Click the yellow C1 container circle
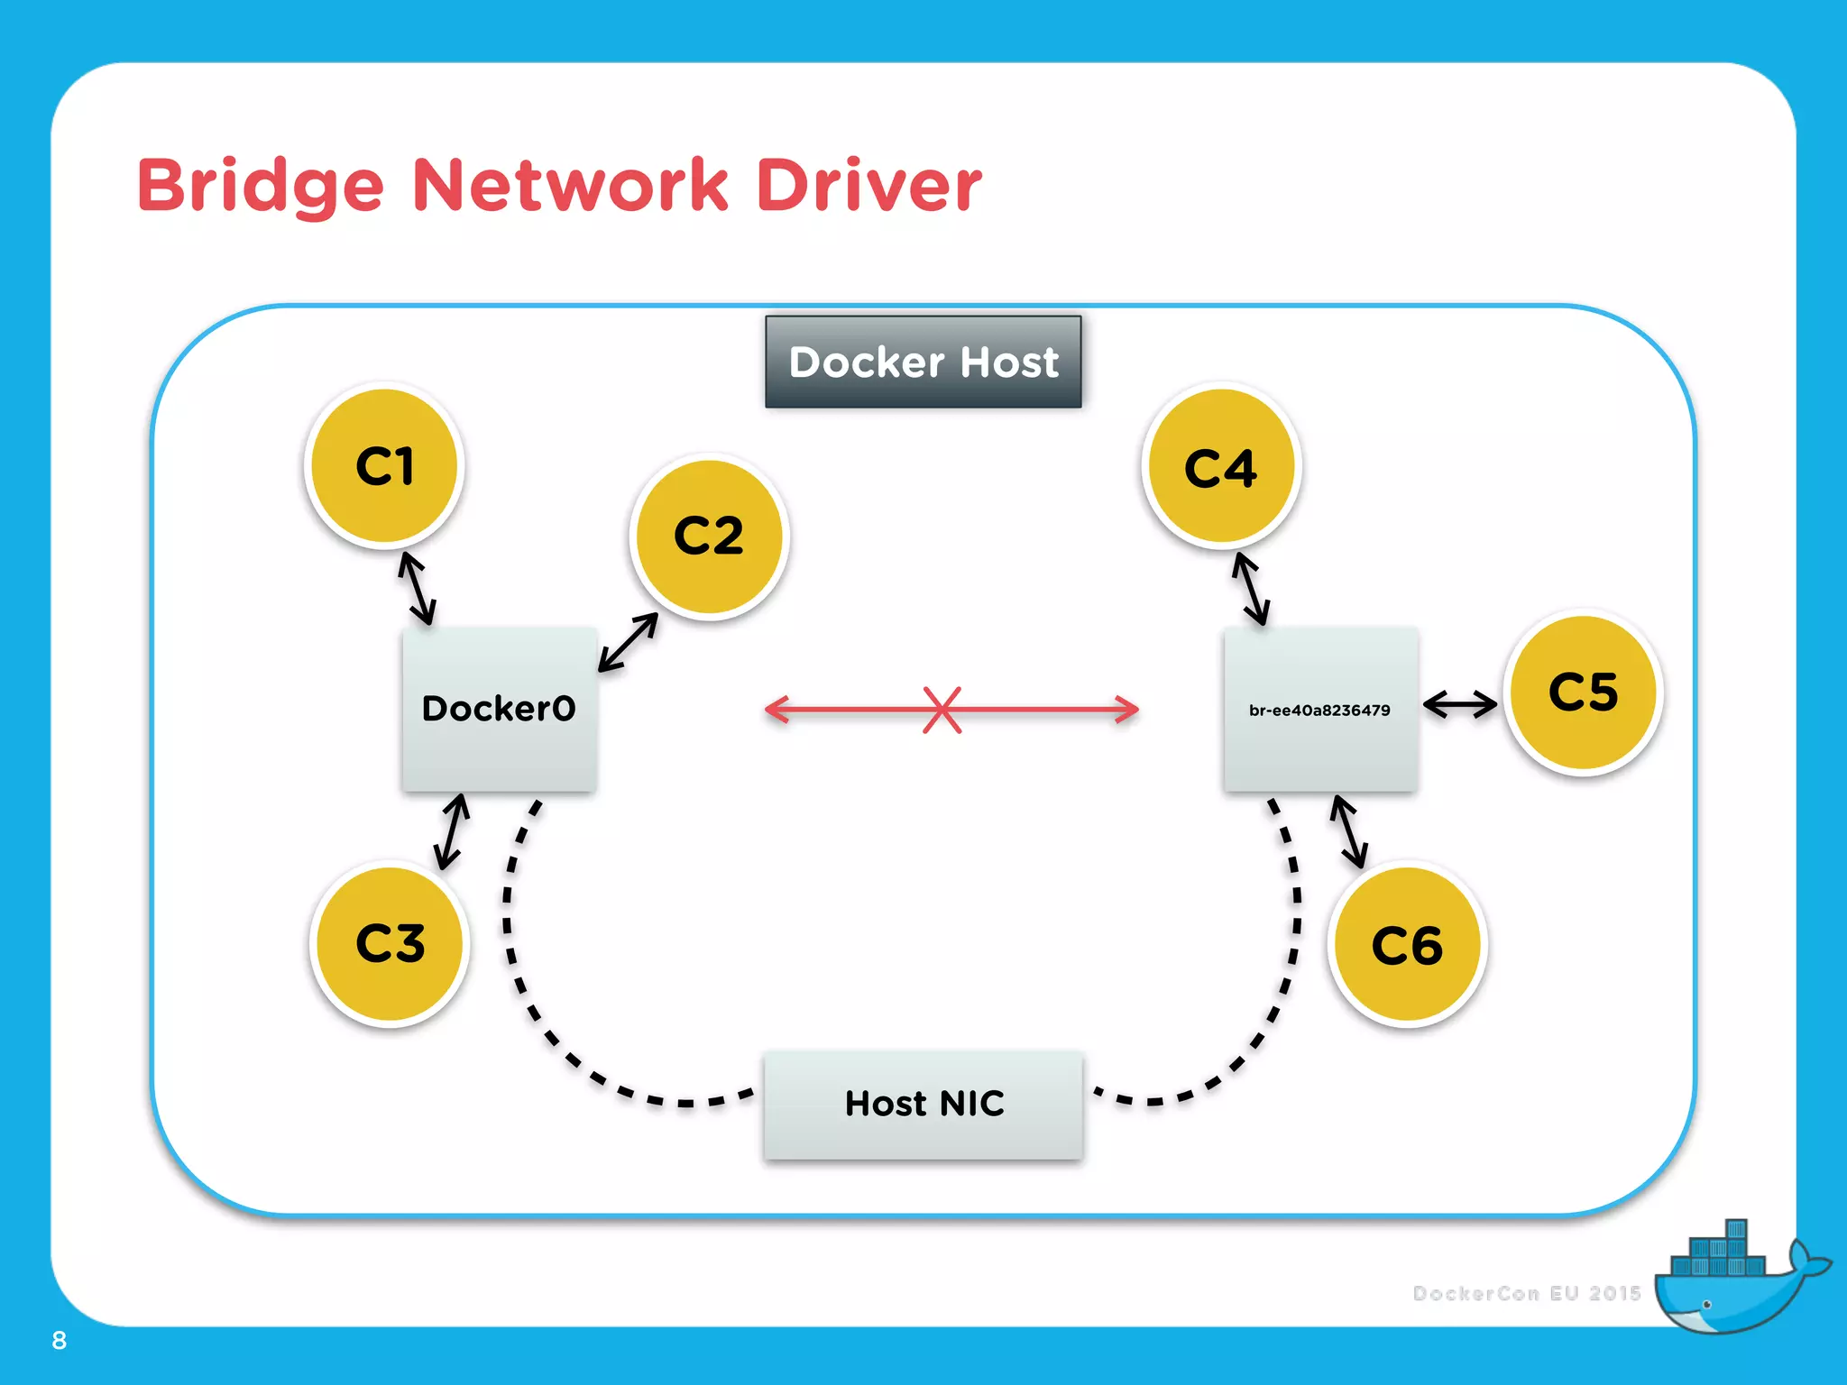pos(385,465)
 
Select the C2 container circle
pos(709,537)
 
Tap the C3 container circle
pos(390,944)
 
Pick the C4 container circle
pos(1221,466)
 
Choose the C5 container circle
pos(1584,692)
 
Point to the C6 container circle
pos(1407,945)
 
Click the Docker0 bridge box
pos(499,710)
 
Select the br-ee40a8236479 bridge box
pos(1320,710)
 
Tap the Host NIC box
pos(923,1105)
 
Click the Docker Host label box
pos(923,362)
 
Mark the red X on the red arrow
pos(942,710)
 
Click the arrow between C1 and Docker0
pos(418,589)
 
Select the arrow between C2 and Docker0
pos(629,643)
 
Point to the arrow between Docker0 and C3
pos(452,831)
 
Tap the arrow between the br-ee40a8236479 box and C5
pos(1460,703)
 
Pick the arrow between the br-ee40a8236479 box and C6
pos(1350,832)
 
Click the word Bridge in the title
pos(261,187)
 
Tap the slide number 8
pos(60,1341)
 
